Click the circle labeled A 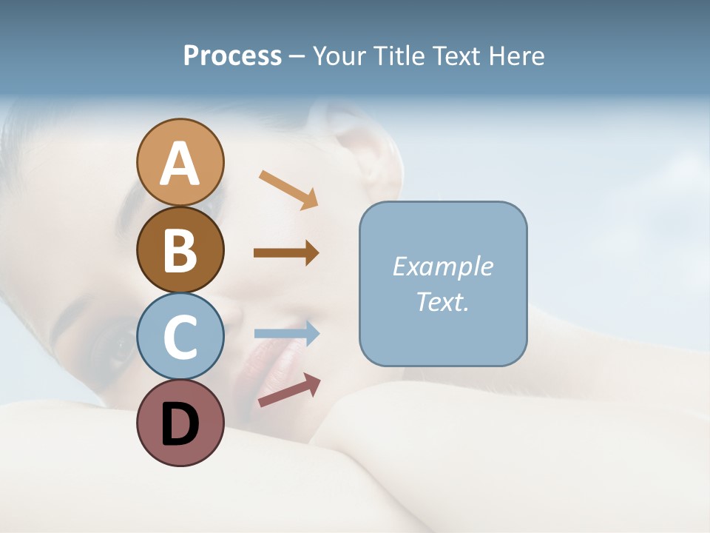[180, 162]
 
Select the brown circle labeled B [180, 249]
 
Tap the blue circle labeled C [180, 337]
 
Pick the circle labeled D [180, 423]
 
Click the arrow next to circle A [288, 190]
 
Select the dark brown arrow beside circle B [286, 253]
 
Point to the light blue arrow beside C [286, 334]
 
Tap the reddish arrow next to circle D [289, 389]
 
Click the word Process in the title [232, 56]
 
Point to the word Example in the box [442, 266]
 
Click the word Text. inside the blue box [442, 302]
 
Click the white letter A [180, 164]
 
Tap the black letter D [180, 424]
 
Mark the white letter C [180, 338]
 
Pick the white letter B [180, 250]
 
